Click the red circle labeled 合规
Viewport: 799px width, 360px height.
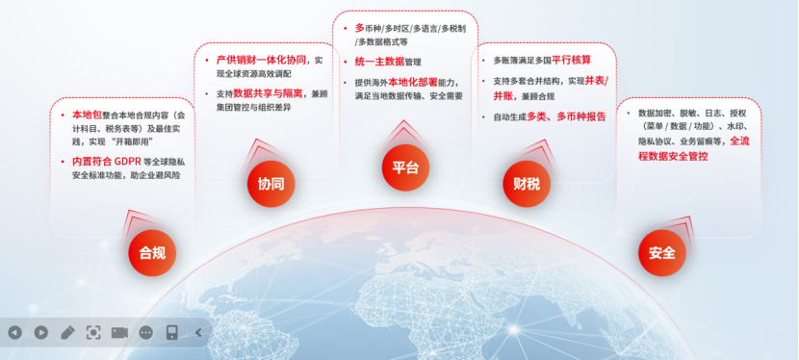pyautogui.click(x=152, y=253)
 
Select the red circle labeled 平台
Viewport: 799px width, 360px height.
pyautogui.click(x=405, y=167)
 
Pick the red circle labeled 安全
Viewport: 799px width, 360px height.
pyautogui.click(x=661, y=253)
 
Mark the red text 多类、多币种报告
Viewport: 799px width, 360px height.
pyautogui.click(x=567, y=116)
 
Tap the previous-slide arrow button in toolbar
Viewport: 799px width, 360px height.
pyautogui.click(x=14, y=332)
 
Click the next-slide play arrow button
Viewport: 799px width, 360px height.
pyautogui.click(x=40, y=332)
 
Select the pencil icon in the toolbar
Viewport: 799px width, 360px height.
pyautogui.click(x=67, y=332)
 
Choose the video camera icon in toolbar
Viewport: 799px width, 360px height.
pyautogui.click(x=119, y=332)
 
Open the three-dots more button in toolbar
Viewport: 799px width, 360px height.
pyautogui.click(x=145, y=332)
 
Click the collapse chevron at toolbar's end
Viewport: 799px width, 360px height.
pyautogui.click(x=198, y=332)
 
